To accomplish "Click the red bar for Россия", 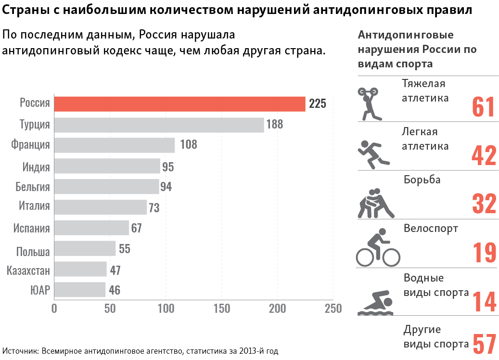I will (179, 103).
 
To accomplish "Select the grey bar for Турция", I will (159, 125).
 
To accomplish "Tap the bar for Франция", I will (114, 145).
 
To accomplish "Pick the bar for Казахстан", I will (80, 269).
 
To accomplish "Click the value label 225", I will (318, 103).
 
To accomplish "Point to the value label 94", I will (166, 187).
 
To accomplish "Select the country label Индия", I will (36, 167).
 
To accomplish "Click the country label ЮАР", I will (40, 290).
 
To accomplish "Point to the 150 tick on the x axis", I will (222, 309).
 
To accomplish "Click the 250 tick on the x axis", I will (333, 309).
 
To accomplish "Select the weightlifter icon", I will (369, 103).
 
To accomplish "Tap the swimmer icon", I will (375, 303).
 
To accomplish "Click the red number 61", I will (483, 107).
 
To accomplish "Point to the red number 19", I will (484, 252).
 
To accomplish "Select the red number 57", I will (484, 344).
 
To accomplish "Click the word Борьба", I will (422, 180).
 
